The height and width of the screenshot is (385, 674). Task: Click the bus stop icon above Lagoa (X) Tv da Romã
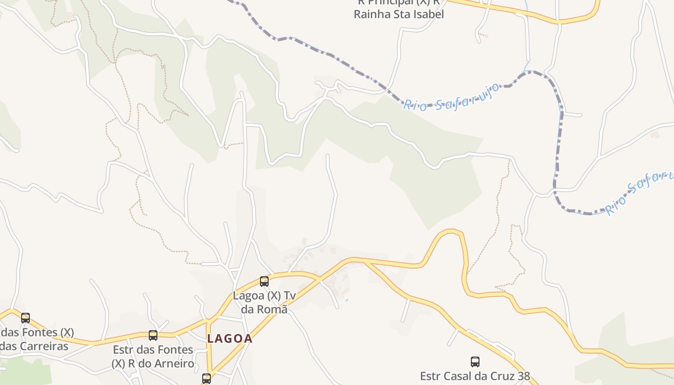264,282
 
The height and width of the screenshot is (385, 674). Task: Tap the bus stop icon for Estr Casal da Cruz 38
475,362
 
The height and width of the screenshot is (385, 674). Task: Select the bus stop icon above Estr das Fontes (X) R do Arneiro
153,335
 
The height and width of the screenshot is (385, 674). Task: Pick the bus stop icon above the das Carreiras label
26,318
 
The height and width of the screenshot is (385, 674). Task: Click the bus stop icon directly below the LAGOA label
207,379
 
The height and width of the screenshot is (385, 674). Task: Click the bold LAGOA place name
230,339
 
